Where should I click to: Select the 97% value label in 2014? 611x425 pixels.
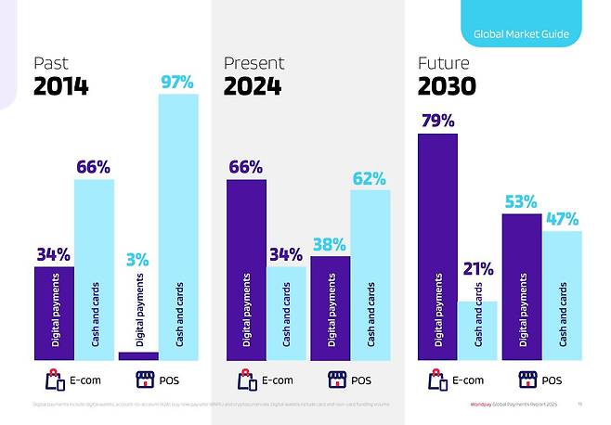[x=176, y=82]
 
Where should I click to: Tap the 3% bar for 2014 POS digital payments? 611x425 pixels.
[x=138, y=355]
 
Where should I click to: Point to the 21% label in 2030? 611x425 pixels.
[x=479, y=269]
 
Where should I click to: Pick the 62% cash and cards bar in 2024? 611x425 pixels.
[x=370, y=275]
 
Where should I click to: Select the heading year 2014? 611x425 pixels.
[x=61, y=87]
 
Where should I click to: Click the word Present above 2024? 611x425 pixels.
[x=253, y=63]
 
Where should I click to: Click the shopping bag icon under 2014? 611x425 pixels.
[x=52, y=380]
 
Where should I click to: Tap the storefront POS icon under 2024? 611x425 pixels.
[x=335, y=380]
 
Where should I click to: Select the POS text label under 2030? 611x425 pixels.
[x=552, y=380]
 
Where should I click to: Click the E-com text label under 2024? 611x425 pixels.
[x=278, y=380]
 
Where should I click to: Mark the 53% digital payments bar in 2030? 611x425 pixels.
[x=521, y=287]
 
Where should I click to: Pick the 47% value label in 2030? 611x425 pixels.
[x=561, y=220]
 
